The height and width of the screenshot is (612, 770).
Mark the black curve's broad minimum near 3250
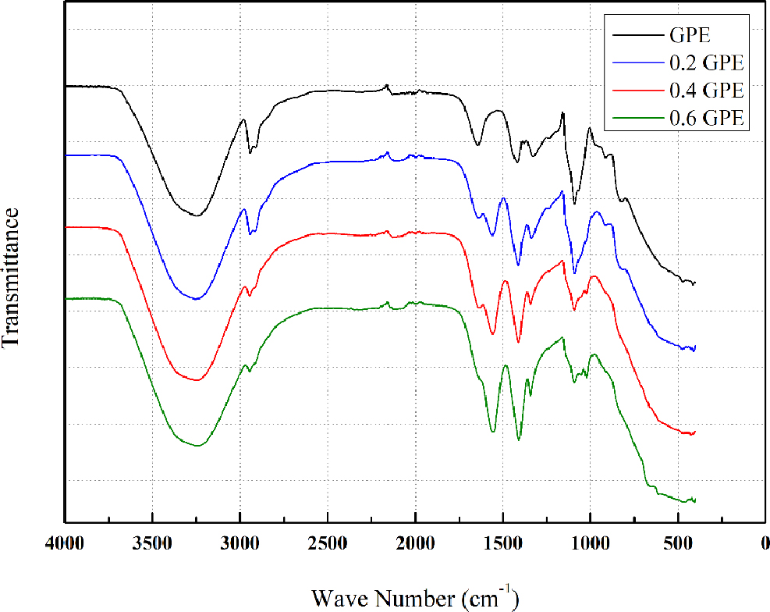point(197,215)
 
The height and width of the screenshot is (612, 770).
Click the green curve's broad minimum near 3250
point(197,445)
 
